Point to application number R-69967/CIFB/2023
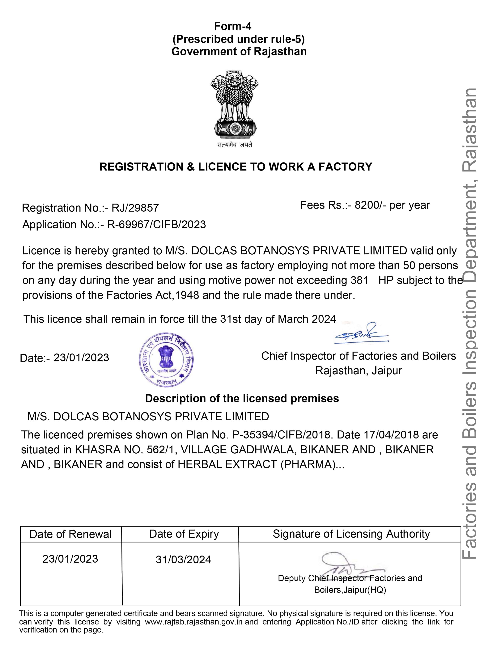tap(156, 225)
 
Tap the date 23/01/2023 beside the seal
tap(81, 358)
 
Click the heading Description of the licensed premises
tap(242, 398)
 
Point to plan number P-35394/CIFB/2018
tap(281, 435)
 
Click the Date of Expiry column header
tap(184, 534)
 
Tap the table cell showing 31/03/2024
tap(183, 560)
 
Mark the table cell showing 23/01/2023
tap(70, 559)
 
